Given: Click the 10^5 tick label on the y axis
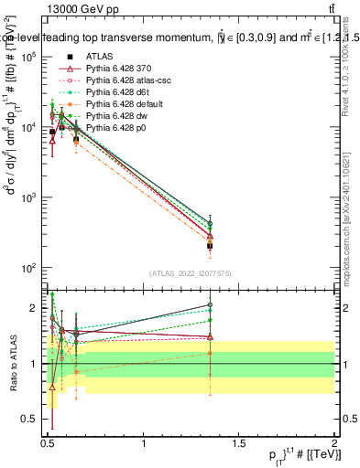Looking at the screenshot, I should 27,57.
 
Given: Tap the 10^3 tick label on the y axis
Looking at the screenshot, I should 27,197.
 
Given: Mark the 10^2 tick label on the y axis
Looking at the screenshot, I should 27,268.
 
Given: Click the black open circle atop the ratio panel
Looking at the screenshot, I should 211,305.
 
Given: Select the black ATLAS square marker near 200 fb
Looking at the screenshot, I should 211,246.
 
